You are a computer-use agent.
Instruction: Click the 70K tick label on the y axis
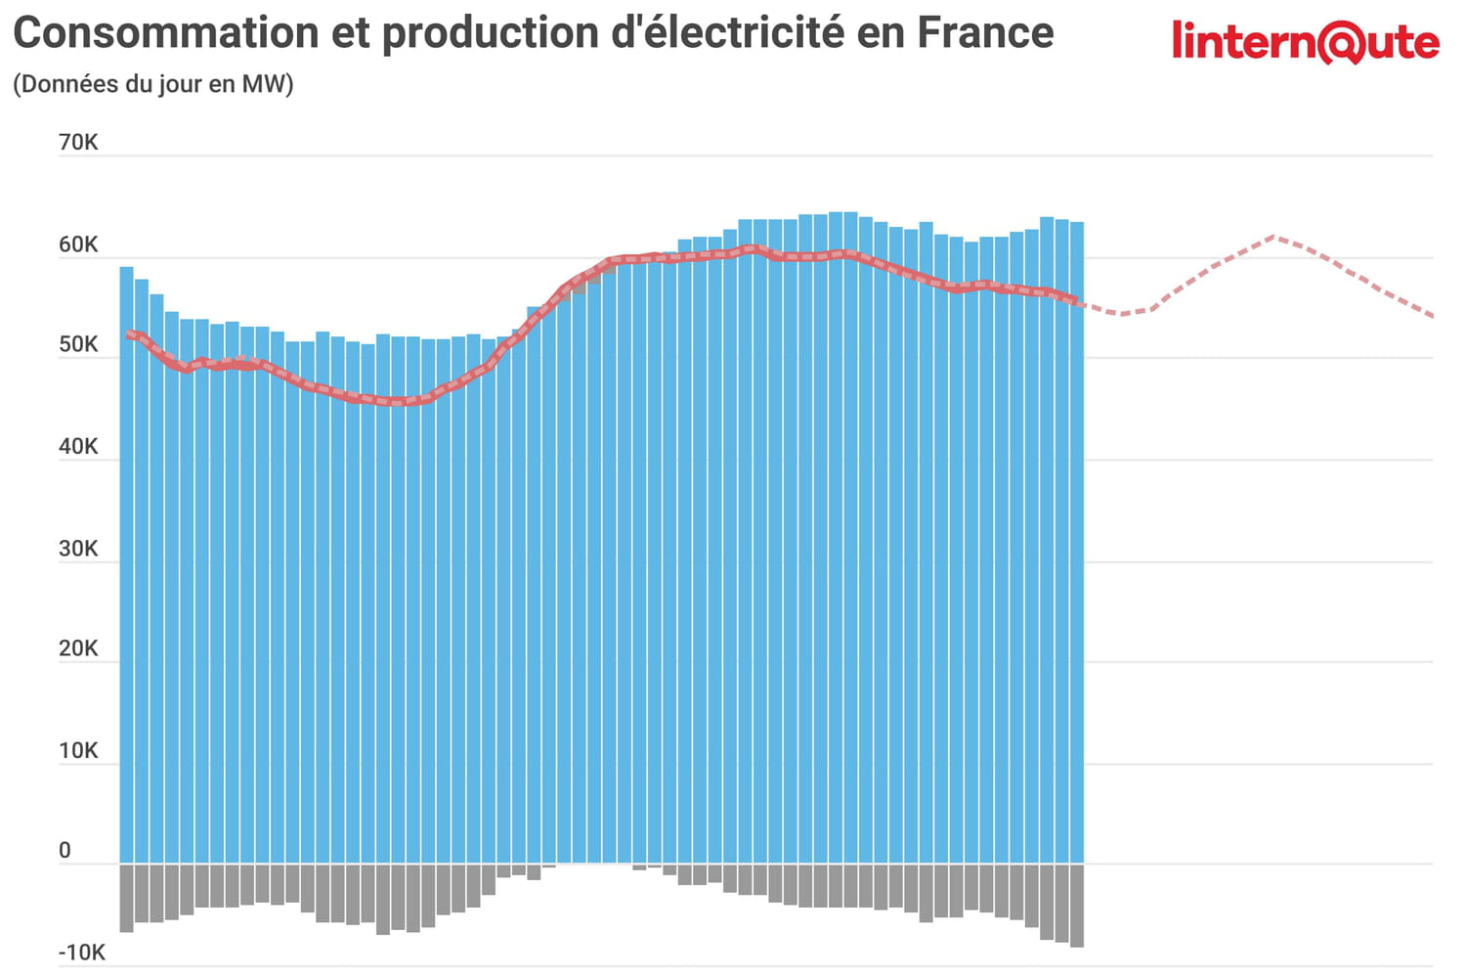tap(78, 143)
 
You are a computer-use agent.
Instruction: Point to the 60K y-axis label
tap(78, 244)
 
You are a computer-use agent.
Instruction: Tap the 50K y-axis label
tap(78, 345)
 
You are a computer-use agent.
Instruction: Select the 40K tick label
tap(78, 447)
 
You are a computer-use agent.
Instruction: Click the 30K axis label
tap(78, 549)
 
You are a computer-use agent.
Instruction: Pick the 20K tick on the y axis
tap(78, 648)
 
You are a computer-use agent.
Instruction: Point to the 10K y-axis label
tap(78, 751)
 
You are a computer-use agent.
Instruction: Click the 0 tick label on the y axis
tap(65, 851)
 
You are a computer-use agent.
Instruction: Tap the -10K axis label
tap(82, 953)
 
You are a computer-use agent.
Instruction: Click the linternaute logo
tap(1305, 42)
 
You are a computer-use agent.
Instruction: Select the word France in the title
tap(985, 33)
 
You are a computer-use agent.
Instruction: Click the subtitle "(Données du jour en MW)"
tap(153, 84)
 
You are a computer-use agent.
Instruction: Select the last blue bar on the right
tap(1076, 548)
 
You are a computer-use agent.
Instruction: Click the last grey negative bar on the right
tap(1076, 905)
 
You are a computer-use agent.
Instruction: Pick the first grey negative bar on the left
tap(126, 897)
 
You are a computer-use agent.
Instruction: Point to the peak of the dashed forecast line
tap(1274, 237)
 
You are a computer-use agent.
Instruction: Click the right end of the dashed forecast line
tap(1431, 315)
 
